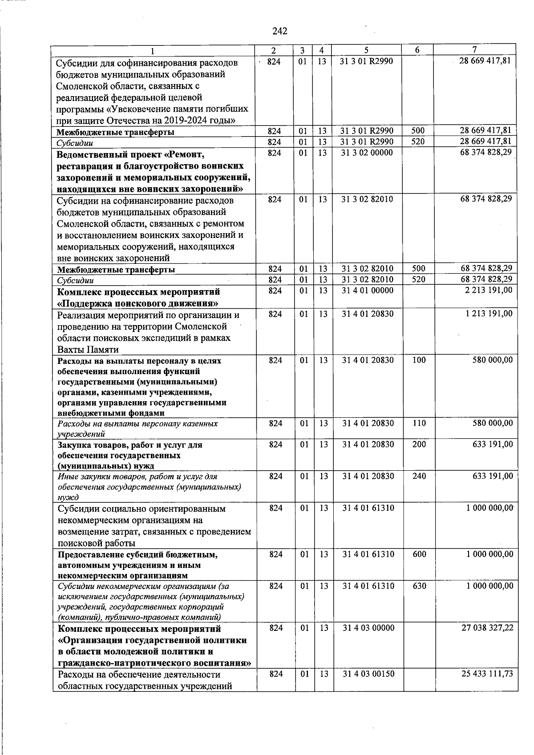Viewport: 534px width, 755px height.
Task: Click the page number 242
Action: [x=279, y=31]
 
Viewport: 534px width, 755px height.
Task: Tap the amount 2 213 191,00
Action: [x=489, y=290]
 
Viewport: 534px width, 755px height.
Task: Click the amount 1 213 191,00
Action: [x=489, y=314]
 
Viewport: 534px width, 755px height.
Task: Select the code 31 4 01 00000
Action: [x=367, y=291]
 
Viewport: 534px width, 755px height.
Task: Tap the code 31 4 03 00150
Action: [x=368, y=674]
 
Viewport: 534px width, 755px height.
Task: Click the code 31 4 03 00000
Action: [x=368, y=628]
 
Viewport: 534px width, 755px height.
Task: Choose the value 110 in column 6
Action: [x=419, y=423]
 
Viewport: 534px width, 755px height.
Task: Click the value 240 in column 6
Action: [x=419, y=476]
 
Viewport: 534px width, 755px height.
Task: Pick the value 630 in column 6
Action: [x=419, y=586]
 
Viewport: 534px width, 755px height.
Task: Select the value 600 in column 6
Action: [x=419, y=554]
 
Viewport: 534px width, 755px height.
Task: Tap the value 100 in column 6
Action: [x=419, y=360]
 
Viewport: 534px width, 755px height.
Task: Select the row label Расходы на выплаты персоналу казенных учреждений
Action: [x=138, y=428]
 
